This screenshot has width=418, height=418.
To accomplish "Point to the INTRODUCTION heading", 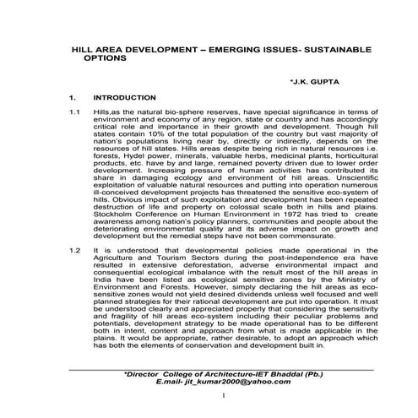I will click(x=124, y=98).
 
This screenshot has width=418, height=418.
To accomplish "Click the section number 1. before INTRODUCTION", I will click(x=74, y=98).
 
